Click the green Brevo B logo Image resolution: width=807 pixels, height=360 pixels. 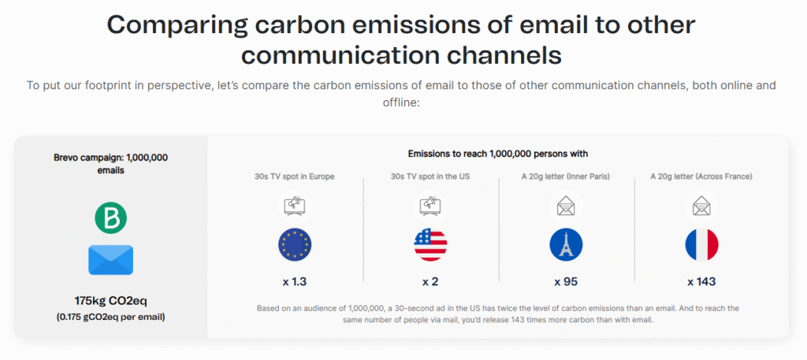(x=110, y=217)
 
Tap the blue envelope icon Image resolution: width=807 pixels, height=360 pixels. (x=110, y=260)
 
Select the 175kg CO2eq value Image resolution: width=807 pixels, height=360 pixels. (x=110, y=301)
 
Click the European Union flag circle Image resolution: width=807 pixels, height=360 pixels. (x=295, y=245)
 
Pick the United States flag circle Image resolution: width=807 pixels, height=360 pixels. (x=430, y=245)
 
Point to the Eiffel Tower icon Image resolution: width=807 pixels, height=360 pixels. (x=566, y=245)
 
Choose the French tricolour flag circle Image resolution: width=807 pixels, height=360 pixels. (x=701, y=245)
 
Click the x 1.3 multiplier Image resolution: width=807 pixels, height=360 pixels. (x=295, y=282)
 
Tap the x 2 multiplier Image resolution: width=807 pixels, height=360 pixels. (x=430, y=282)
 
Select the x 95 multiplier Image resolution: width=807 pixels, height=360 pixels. (x=566, y=282)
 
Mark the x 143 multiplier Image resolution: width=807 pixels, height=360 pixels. (x=701, y=282)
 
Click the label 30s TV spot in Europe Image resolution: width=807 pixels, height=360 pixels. (x=295, y=176)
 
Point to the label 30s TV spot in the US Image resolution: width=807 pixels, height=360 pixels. (x=430, y=176)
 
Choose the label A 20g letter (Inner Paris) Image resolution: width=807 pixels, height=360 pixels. (x=566, y=176)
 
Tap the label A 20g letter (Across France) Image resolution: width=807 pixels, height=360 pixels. (x=701, y=176)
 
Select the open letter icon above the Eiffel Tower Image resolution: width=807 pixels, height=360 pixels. (x=566, y=206)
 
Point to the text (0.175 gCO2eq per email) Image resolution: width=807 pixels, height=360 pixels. (x=110, y=317)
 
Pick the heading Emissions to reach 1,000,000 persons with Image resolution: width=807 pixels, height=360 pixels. (x=498, y=154)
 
